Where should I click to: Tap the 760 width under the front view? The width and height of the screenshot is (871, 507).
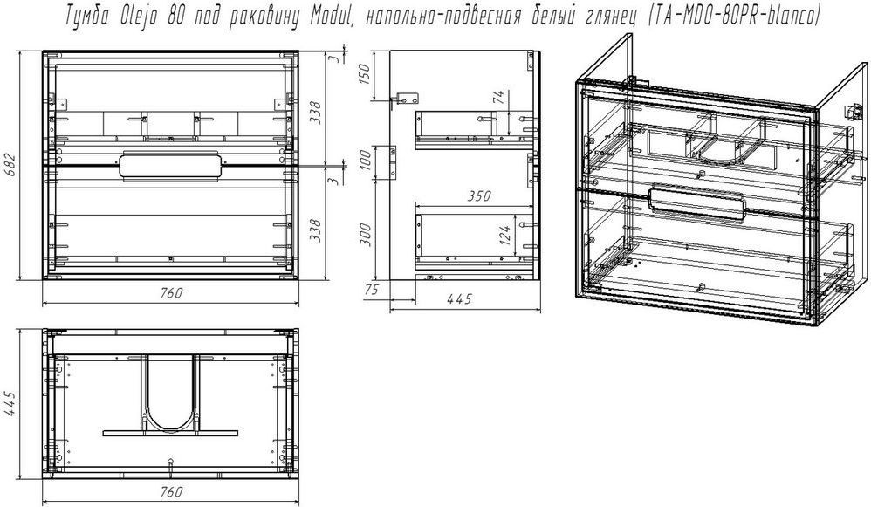coord(171,293)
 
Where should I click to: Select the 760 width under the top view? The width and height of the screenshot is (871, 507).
coord(171,492)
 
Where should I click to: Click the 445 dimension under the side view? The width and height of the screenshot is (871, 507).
coord(460,299)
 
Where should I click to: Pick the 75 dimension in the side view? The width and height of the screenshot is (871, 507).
coord(371,290)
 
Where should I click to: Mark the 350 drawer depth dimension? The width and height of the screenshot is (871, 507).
coord(479,196)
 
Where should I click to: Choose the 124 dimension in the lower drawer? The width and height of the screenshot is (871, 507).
coord(504,236)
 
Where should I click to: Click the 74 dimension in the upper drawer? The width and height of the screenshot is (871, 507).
coord(499,98)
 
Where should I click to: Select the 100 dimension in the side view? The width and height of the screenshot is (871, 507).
coord(364,160)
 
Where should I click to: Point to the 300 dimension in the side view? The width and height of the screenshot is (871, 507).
coord(365,235)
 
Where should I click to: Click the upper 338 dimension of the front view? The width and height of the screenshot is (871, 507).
coord(315,113)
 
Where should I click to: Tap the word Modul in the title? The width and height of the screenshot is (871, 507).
coord(325,17)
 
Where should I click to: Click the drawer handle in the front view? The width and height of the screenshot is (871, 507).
coord(170,166)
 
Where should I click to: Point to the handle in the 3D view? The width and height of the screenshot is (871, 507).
coord(696,202)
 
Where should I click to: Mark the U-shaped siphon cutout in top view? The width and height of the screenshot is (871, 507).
coord(170,428)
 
